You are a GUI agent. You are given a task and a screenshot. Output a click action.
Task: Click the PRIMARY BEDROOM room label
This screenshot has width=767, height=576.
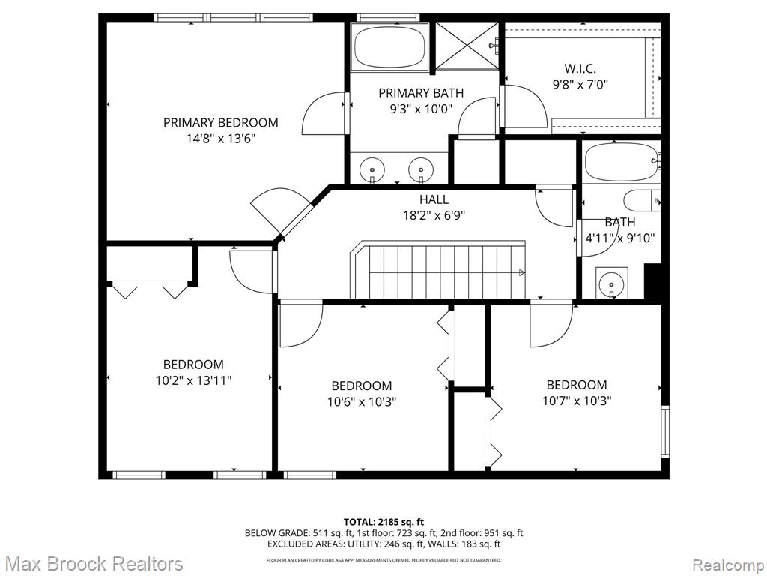coord(221,122)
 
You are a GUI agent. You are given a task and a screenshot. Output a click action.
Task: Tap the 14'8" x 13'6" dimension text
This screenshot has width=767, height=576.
coord(221,139)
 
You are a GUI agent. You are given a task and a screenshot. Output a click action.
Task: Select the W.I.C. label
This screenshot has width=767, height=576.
coord(580,68)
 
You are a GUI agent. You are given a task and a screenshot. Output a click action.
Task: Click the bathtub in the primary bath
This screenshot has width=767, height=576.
coord(389,47)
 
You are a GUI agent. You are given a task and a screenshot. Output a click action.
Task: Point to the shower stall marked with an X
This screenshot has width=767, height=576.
coord(467,46)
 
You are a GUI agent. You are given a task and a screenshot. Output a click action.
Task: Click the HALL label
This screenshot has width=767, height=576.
coord(434,199)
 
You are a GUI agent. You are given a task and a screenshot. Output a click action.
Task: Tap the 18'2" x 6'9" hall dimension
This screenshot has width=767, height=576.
coord(434,215)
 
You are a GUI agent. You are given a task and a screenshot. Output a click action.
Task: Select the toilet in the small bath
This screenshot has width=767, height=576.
coord(642,199)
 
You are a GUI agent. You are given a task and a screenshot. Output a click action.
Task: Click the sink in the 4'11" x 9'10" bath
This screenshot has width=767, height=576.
coord(611,283)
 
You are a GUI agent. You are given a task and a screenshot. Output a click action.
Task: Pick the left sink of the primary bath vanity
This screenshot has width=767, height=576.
coord(372,169)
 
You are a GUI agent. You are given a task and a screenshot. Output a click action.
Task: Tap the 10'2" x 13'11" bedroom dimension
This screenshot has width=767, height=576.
coord(193,380)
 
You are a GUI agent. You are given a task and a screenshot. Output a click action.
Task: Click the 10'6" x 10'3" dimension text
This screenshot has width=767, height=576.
coord(362,402)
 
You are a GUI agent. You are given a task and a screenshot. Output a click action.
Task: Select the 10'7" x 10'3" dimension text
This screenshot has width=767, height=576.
coord(577,400)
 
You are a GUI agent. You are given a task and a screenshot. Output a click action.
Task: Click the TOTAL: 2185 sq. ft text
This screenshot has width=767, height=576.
coord(383,522)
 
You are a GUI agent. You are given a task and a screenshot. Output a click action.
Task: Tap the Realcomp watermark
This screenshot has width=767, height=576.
coord(727,565)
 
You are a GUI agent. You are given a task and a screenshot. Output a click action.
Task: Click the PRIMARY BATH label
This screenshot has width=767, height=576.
coord(421,92)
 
